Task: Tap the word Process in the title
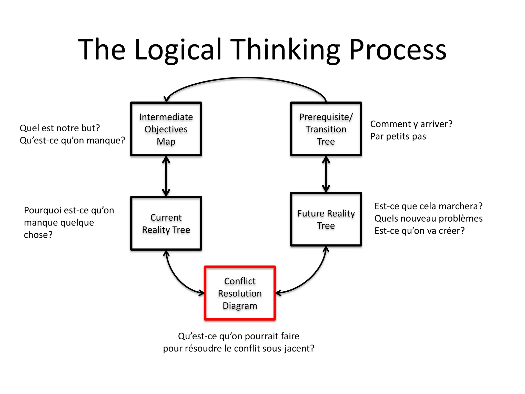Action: click(x=398, y=50)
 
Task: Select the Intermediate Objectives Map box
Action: click(x=166, y=129)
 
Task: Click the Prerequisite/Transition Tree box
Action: click(x=326, y=129)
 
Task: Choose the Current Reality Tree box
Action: click(x=166, y=223)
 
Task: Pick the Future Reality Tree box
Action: click(x=326, y=219)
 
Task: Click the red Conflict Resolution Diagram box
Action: click(x=240, y=293)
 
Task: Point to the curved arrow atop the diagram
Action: click(x=246, y=77)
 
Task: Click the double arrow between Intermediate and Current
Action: click(x=166, y=176)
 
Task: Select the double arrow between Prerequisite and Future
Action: click(x=326, y=174)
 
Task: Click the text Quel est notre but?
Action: click(x=60, y=128)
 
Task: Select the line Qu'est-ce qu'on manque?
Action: click(x=72, y=140)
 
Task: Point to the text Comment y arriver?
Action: click(x=411, y=124)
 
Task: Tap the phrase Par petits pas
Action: click(x=398, y=136)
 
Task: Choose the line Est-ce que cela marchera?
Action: click(x=428, y=206)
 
